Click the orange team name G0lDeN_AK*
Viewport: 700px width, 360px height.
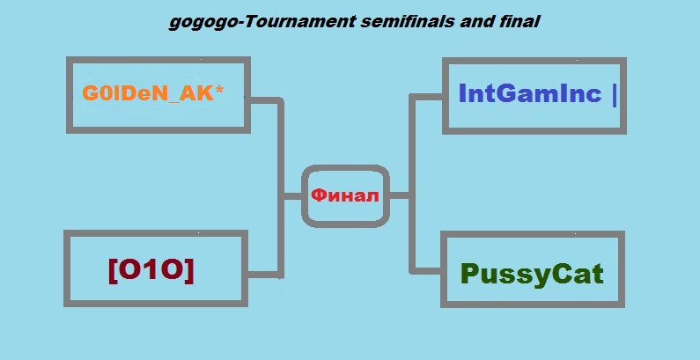(153, 93)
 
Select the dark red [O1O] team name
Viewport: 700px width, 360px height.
(151, 270)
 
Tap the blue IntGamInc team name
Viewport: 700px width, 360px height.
(530, 93)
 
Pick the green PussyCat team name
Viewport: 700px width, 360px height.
(532, 275)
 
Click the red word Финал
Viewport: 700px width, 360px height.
(345, 195)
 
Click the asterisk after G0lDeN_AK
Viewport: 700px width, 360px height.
(218, 90)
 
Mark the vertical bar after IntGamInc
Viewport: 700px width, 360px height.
(615, 95)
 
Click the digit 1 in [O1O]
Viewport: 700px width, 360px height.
(151, 270)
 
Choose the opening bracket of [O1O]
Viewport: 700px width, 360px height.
(113, 271)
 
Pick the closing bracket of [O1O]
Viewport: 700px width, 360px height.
(189, 271)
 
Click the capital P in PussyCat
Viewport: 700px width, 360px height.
(468, 273)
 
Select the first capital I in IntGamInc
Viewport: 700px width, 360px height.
(461, 93)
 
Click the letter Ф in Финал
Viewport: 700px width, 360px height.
(319, 195)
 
